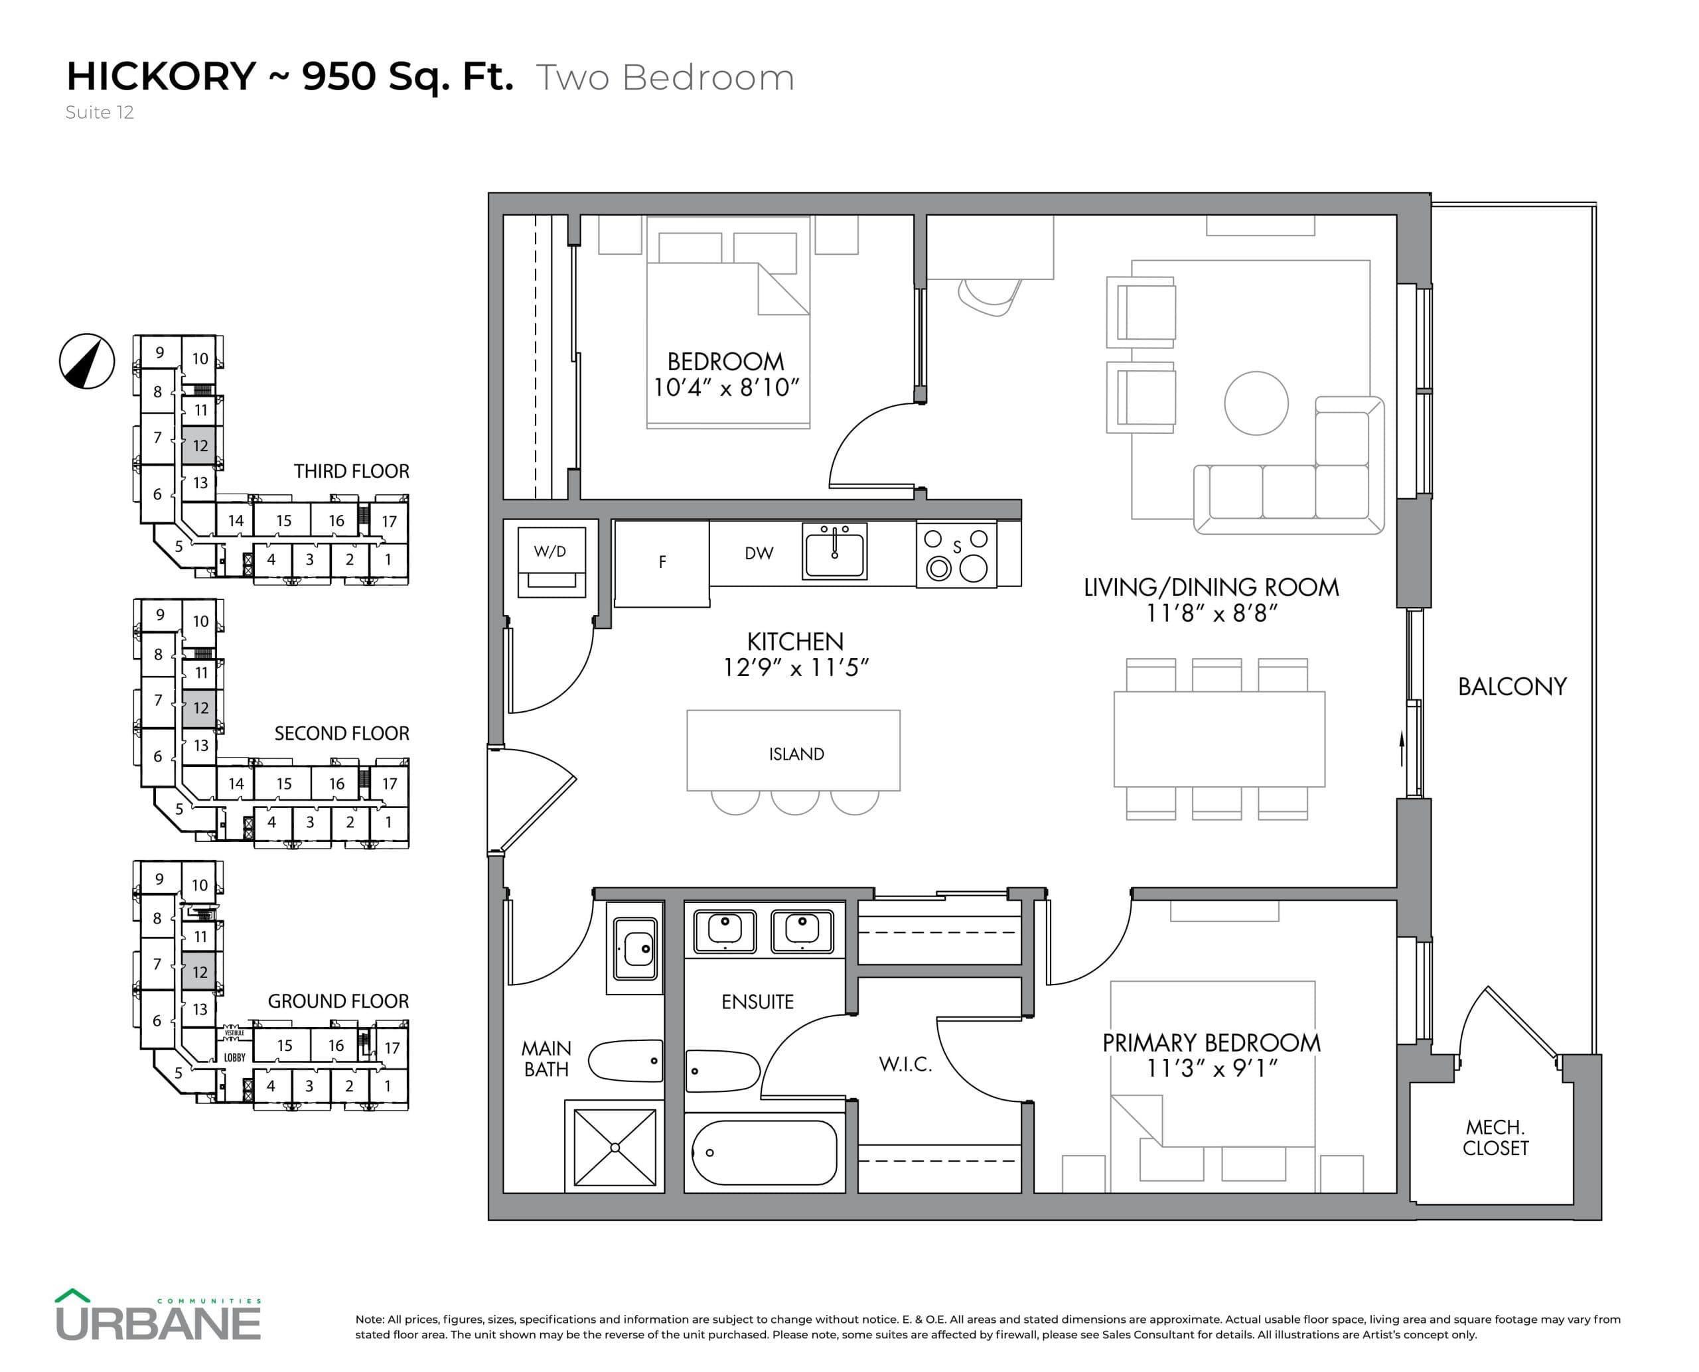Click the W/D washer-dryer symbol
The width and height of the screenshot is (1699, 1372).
551,561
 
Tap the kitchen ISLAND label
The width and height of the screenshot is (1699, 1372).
796,754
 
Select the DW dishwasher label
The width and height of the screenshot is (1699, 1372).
758,553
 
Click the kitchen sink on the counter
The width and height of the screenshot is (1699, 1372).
834,551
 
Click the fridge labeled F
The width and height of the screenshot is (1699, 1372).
662,562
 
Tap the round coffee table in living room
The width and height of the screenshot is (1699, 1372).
1256,403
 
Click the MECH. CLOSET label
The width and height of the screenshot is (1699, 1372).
1495,1137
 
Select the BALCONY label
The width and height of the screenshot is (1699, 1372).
1512,686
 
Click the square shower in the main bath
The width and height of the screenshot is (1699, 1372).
615,1146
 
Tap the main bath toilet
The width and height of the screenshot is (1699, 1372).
625,1061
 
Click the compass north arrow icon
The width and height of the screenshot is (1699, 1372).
87,361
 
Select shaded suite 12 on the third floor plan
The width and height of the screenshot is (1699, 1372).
200,446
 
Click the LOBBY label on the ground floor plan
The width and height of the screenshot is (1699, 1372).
234,1058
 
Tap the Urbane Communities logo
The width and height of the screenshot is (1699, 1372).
158,1316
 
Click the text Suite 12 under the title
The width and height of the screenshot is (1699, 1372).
100,112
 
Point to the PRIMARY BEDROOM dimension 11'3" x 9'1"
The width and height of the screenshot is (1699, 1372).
1211,1069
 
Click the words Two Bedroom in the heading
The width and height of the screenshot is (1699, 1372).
665,78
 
